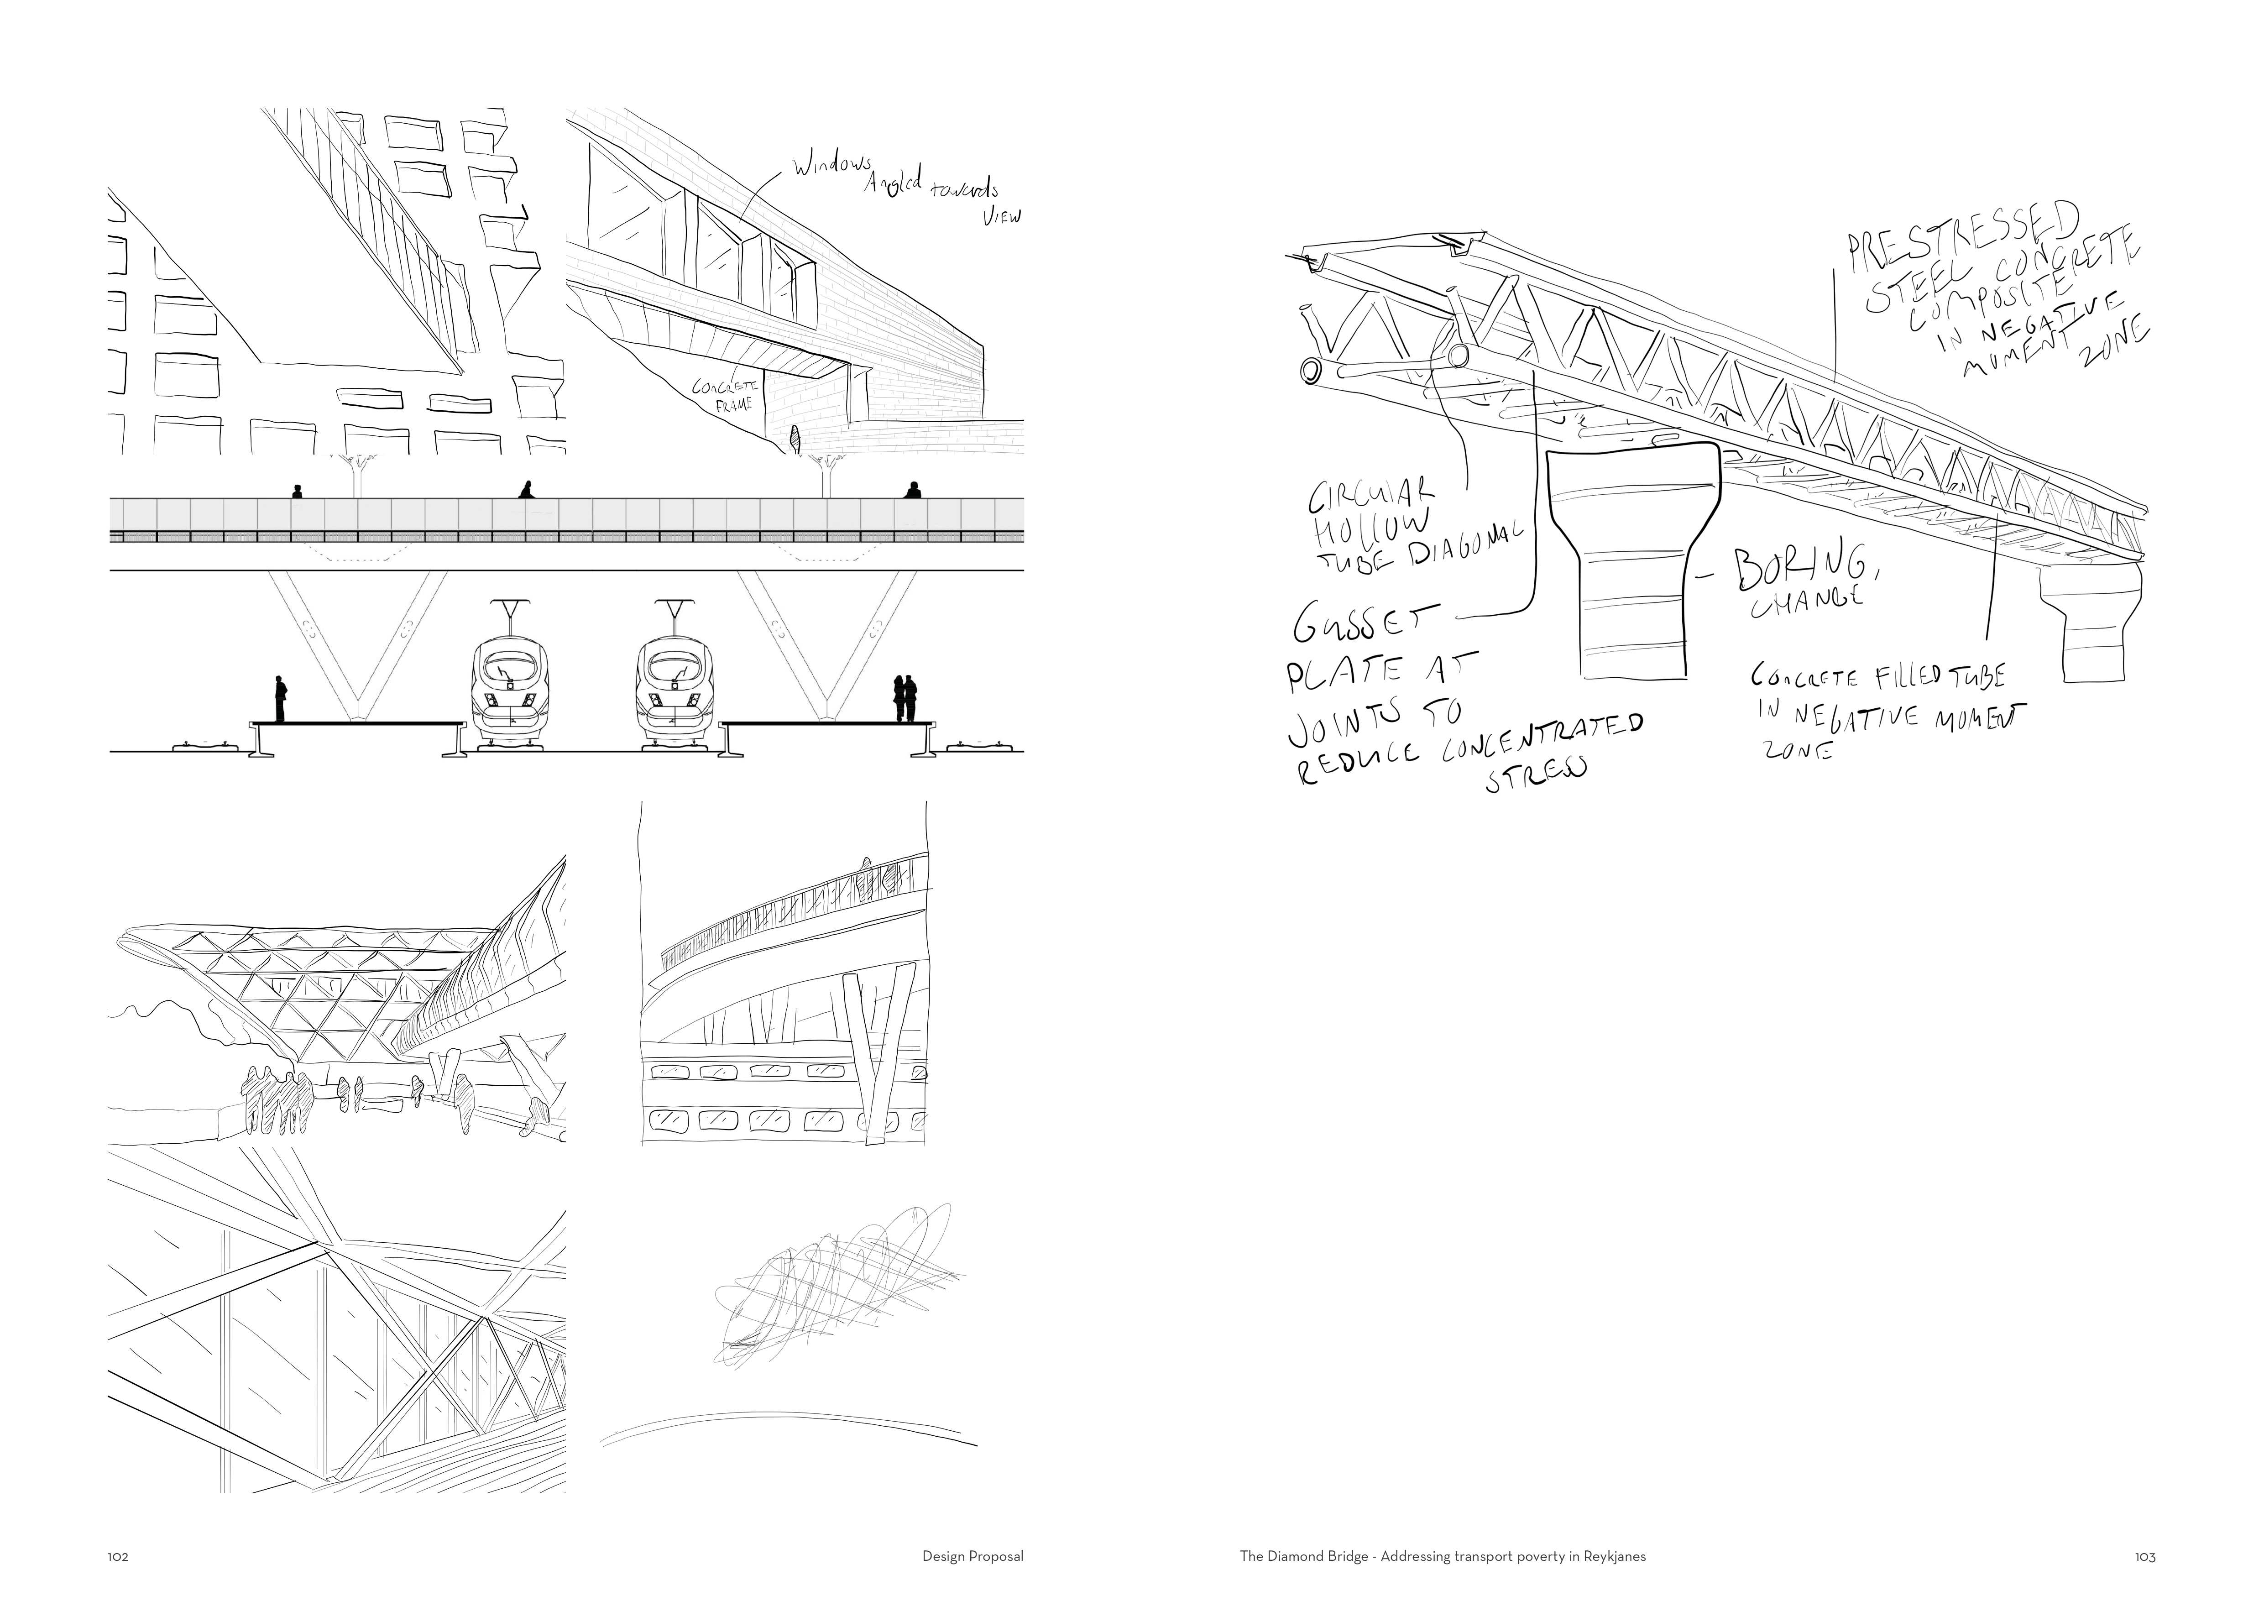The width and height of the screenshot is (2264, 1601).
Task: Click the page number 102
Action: pyautogui.click(x=118, y=1558)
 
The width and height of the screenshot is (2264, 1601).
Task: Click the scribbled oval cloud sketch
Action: pyautogui.click(x=833, y=1282)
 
